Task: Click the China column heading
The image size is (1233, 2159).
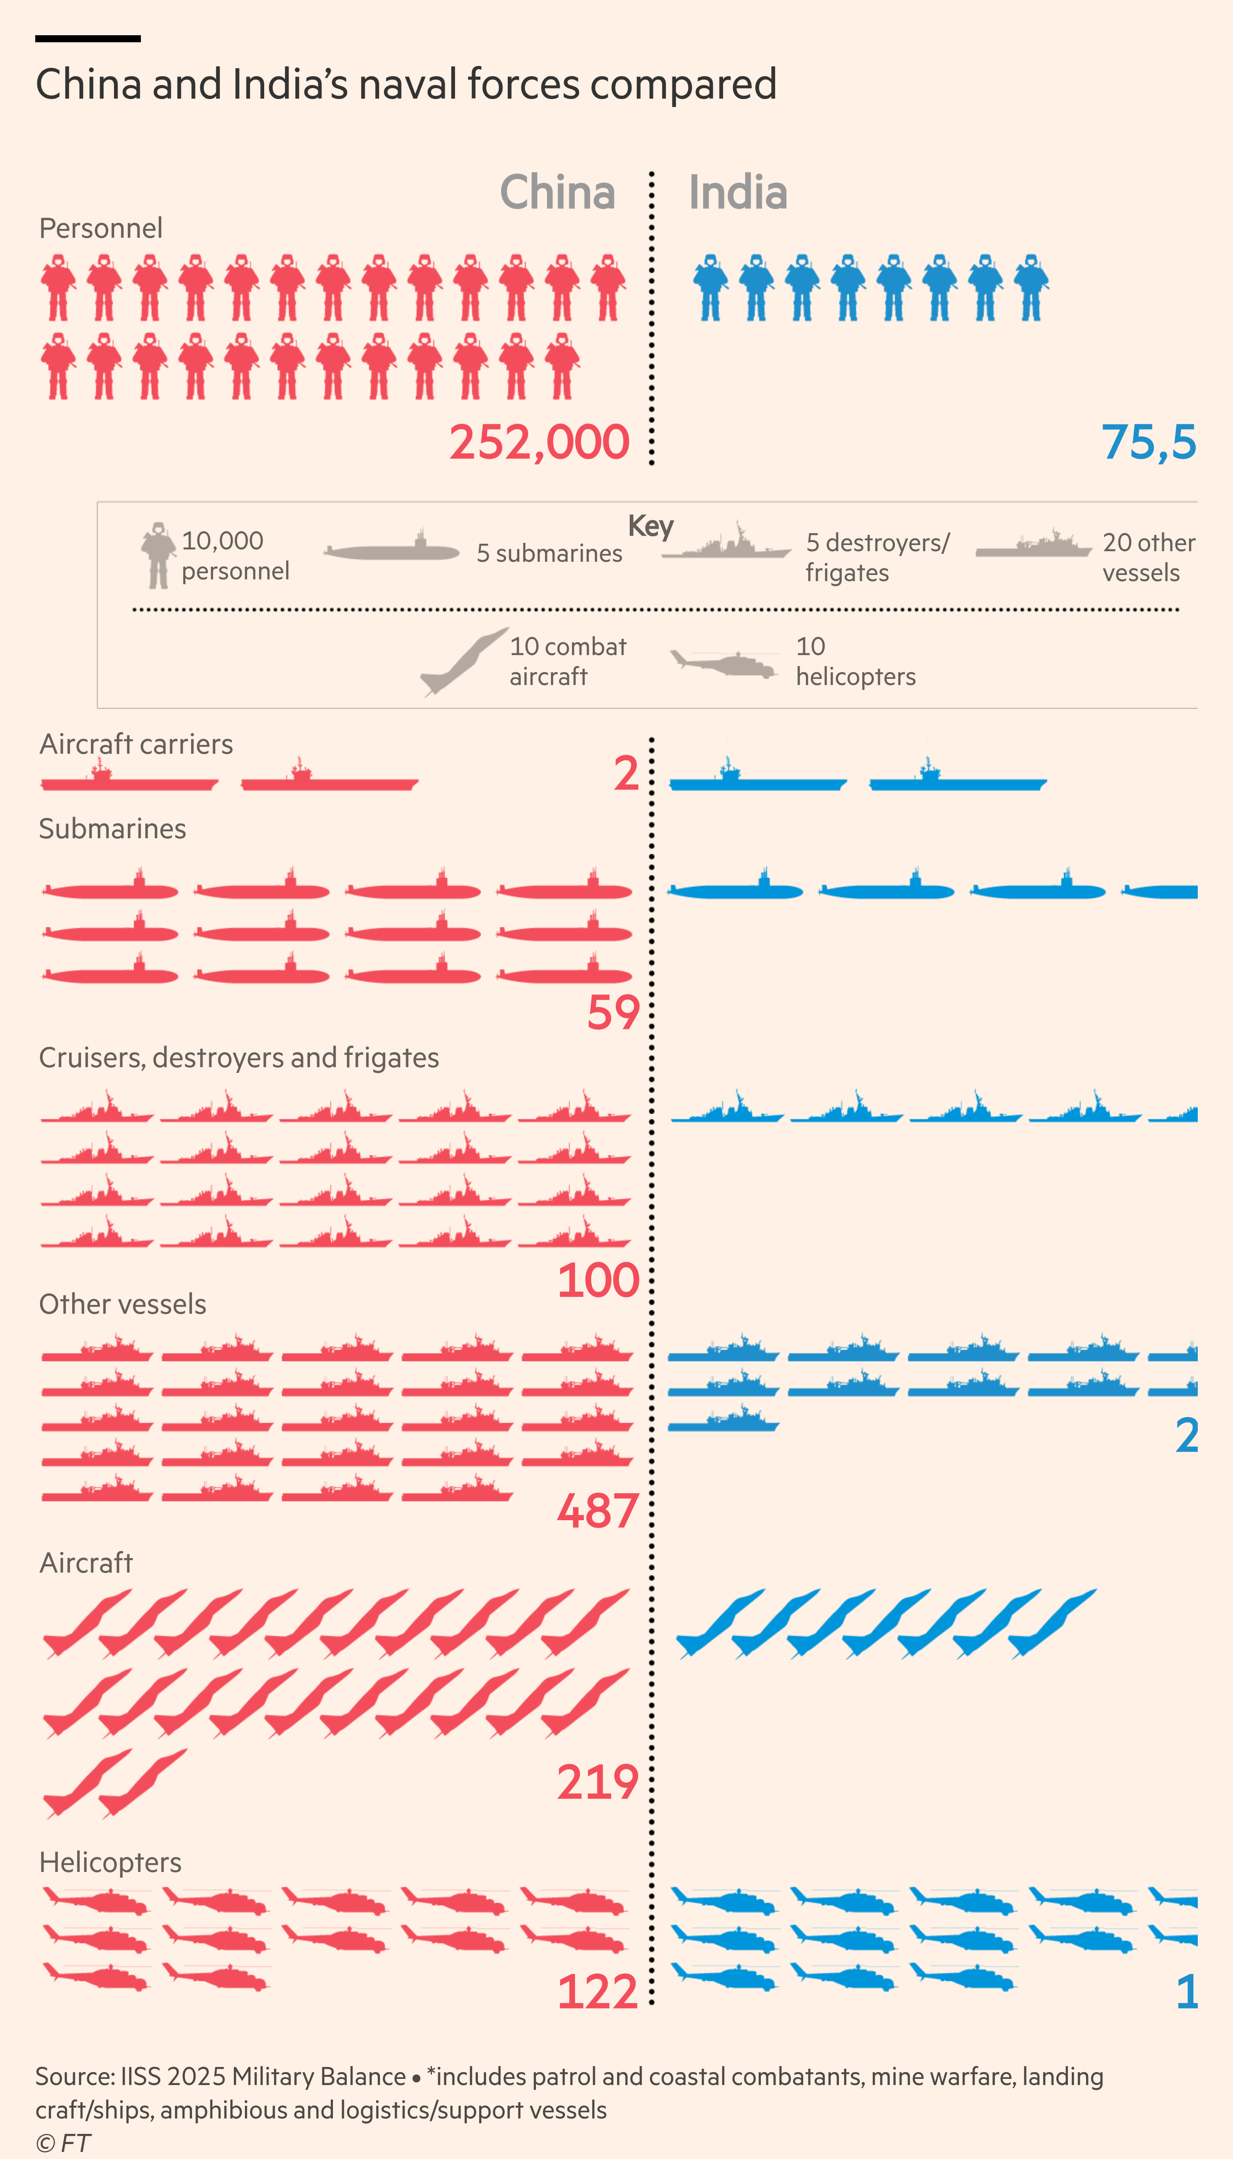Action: pos(557,192)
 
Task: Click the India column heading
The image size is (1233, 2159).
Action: pos(738,192)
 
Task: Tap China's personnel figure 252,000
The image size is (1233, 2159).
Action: pos(539,442)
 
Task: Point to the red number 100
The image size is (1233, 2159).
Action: pos(598,1280)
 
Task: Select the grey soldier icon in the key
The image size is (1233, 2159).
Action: pos(158,556)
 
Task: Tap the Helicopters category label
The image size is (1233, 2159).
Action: pos(110,1862)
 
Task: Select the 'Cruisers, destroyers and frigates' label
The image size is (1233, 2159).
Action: pos(239,1057)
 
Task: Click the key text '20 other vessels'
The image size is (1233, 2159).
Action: pos(1148,557)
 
